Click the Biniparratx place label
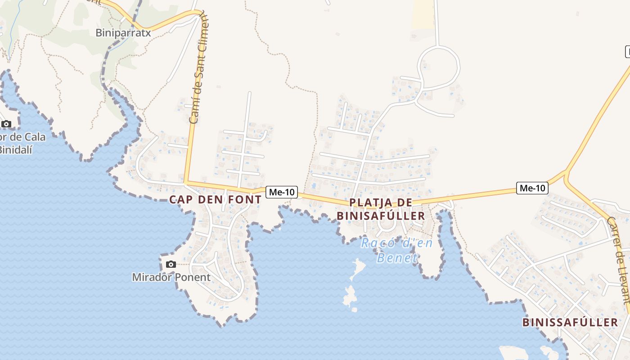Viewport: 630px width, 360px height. pos(122,32)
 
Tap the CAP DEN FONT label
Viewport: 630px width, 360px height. pos(215,199)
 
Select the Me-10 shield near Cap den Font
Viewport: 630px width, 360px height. pos(282,192)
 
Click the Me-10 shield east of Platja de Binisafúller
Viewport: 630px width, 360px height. pos(532,188)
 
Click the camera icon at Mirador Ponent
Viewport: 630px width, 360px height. pos(171,264)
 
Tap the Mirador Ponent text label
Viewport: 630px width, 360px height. pos(171,277)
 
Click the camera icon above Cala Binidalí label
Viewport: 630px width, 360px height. pos(6,124)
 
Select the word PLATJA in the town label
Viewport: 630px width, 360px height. pos(365,202)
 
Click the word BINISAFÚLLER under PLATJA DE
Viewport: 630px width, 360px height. pos(381,216)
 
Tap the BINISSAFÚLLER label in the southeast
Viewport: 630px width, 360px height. pos(570,322)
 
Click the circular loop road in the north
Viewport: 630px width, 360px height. pos(439,67)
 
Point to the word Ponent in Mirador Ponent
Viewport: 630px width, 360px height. pos(192,277)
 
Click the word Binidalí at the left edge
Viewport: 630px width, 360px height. pos(15,149)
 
